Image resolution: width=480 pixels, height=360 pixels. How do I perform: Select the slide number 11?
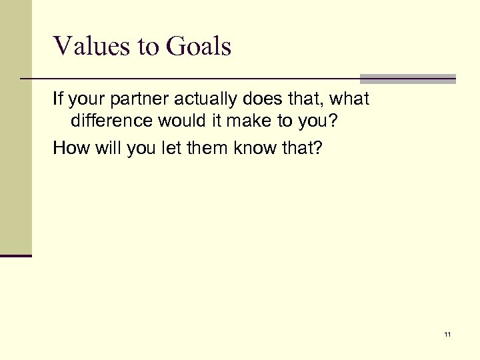point(447,334)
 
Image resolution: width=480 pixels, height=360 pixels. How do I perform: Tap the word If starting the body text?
point(58,100)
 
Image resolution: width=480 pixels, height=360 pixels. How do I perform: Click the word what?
point(349,100)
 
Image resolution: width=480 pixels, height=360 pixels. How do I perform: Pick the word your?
point(87,100)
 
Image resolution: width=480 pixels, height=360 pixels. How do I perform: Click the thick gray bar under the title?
point(407,78)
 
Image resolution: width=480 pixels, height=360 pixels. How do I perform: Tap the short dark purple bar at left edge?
point(16,255)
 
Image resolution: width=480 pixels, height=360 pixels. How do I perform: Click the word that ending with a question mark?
point(303,147)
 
